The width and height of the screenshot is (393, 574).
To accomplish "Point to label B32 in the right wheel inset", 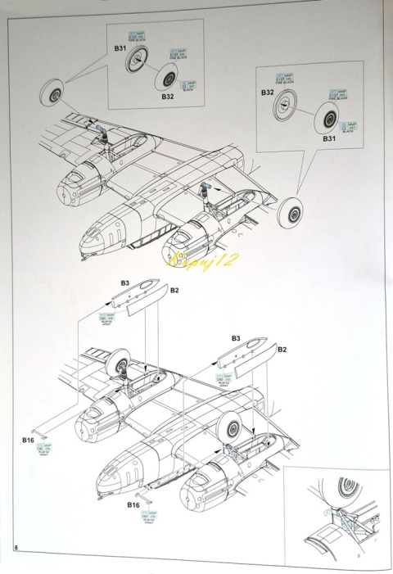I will (268, 93).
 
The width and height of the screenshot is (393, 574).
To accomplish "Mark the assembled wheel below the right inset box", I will (291, 217).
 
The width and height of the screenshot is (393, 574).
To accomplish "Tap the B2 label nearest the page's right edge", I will (282, 350).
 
